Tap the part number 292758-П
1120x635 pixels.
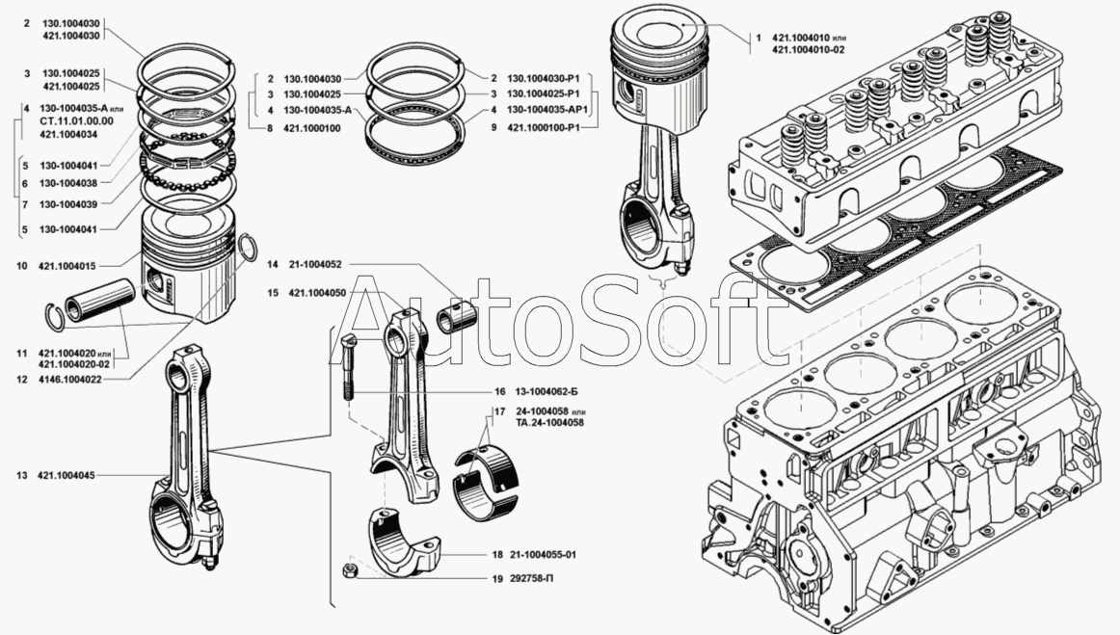(532, 579)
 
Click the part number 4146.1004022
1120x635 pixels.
(73, 380)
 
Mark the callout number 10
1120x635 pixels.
(21, 264)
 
